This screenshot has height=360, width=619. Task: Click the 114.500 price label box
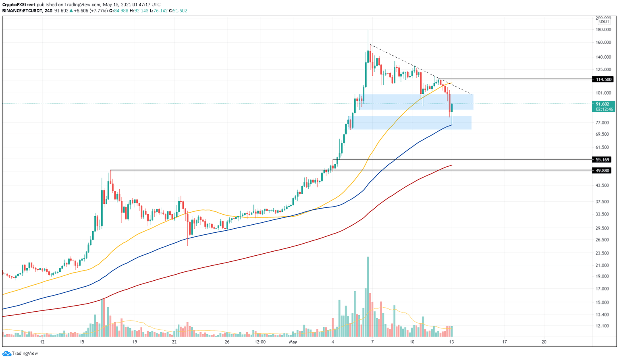602,79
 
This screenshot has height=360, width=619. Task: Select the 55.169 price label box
602,159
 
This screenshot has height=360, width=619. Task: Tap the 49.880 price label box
602,170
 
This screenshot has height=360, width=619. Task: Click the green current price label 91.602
602,104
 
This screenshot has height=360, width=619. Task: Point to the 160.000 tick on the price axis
603,42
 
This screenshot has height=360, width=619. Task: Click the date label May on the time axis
293,342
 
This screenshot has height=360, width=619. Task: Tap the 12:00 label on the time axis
260,342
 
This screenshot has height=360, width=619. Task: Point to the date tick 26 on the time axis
227,342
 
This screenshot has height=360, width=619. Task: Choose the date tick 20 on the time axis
544,342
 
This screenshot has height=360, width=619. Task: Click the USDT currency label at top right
604,22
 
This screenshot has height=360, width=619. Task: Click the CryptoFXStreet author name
19,4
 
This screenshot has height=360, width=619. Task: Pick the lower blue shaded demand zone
411,123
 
